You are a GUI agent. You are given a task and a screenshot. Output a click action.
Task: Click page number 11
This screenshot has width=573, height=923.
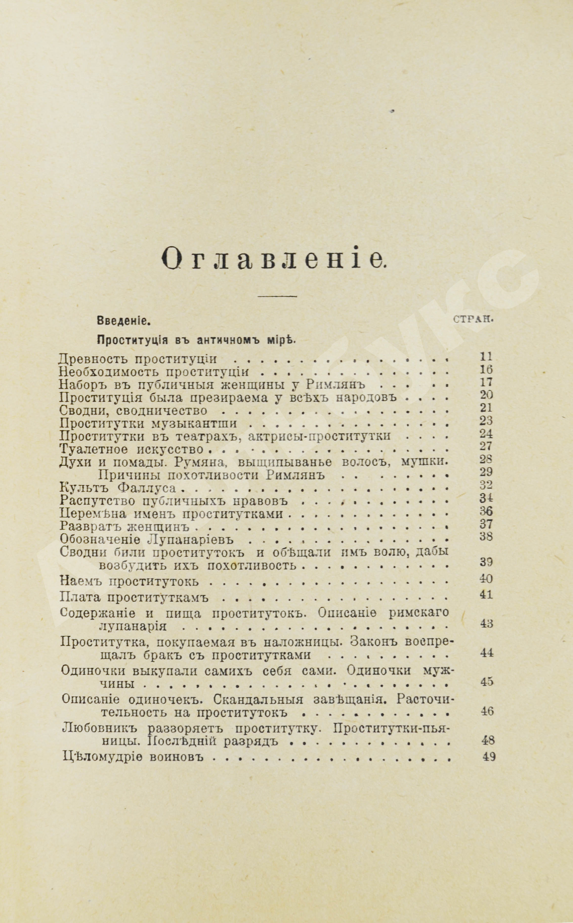(485, 356)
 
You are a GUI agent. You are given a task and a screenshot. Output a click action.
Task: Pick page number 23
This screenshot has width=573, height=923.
(485, 420)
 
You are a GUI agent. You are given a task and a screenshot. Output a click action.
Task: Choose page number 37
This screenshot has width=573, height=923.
(485, 524)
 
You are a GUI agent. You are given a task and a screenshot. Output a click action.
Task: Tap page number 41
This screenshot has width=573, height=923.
(485, 595)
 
